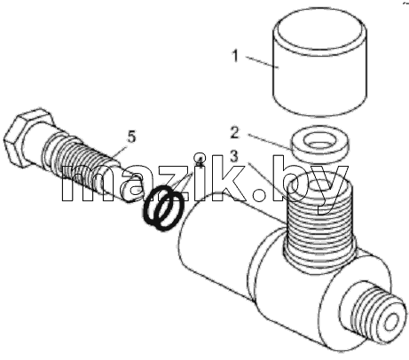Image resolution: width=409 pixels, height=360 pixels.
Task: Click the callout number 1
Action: pos(235,56)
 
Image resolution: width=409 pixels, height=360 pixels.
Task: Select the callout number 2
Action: pos(234,133)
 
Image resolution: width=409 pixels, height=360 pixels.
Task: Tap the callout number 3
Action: pos(234,157)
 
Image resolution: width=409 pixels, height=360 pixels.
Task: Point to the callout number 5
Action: pos(131,137)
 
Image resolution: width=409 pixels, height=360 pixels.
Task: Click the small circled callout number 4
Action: pos(201,158)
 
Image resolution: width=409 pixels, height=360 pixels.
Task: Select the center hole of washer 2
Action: pos(320,142)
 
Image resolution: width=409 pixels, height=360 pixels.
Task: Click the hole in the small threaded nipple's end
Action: pos(392,323)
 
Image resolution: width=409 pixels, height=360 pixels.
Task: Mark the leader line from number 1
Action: pos(261,62)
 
